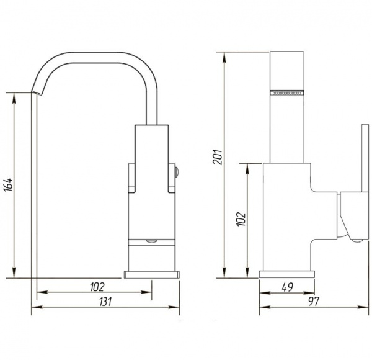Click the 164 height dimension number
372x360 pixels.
(8, 184)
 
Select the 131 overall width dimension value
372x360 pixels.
(105, 302)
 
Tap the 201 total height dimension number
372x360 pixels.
(218, 157)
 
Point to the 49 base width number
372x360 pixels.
(288, 287)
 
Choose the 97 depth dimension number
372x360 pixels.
(314, 302)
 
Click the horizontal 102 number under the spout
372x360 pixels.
(97, 287)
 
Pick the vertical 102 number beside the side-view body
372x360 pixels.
(241, 218)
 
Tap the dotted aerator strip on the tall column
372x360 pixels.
(287, 92)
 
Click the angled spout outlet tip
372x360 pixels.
(37, 92)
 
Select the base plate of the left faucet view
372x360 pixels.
(152, 274)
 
